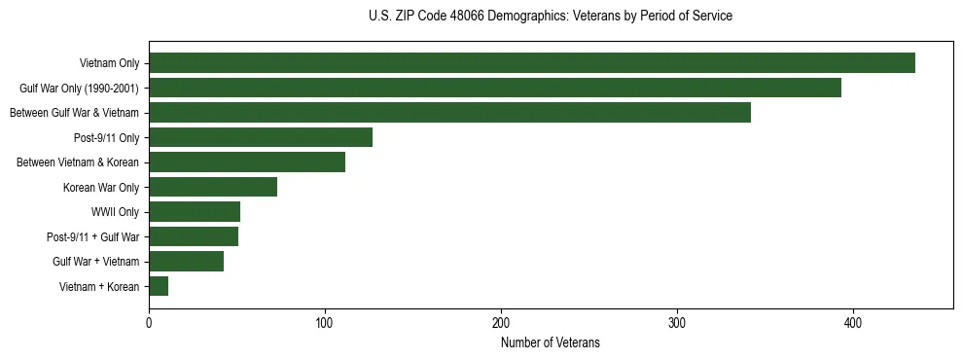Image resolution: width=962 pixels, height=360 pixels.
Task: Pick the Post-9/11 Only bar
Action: [261, 137]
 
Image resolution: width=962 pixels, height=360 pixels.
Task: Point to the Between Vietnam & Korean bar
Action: [247, 162]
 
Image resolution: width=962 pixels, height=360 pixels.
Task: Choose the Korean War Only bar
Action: [213, 187]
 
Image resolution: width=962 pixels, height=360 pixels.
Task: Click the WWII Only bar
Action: [195, 212]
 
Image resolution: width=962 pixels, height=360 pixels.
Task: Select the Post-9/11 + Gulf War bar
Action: [194, 236]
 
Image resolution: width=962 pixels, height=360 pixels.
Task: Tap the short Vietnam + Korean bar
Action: [159, 286]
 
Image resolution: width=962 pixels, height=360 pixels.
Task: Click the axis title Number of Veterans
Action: [551, 342]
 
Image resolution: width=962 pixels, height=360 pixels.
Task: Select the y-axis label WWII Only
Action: [115, 212]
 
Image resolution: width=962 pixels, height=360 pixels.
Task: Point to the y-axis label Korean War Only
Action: [101, 187]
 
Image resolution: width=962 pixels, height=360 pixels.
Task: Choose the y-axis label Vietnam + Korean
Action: [99, 286]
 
